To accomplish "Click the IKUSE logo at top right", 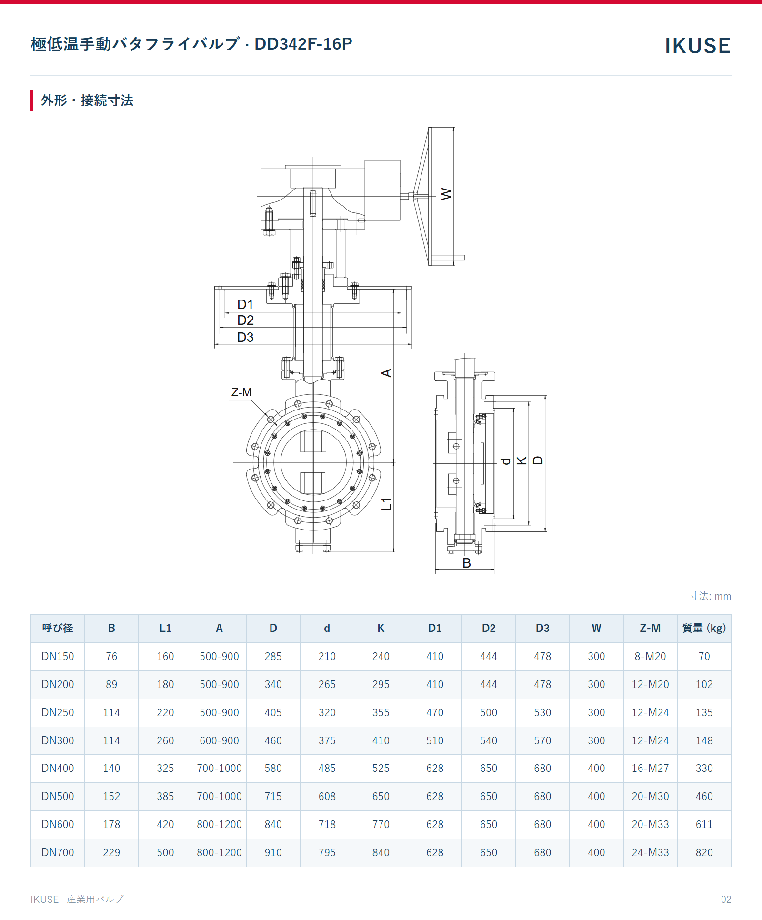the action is pyautogui.click(x=697, y=46).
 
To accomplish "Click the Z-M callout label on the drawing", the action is pyautogui.click(x=241, y=392).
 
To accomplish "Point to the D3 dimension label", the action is pyautogui.click(x=245, y=337).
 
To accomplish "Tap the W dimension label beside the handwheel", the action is pyautogui.click(x=446, y=194).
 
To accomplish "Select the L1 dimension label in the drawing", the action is pyautogui.click(x=387, y=504).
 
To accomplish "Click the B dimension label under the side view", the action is pyautogui.click(x=467, y=563).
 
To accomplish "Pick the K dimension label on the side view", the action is pyautogui.click(x=522, y=460).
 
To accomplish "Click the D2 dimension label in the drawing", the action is pyautogui.click(x=245, y=320).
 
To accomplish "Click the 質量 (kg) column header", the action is pyautogui.click(x=704, y=628).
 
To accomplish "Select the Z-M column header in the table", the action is pyautogui.click(x=650, y=628).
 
